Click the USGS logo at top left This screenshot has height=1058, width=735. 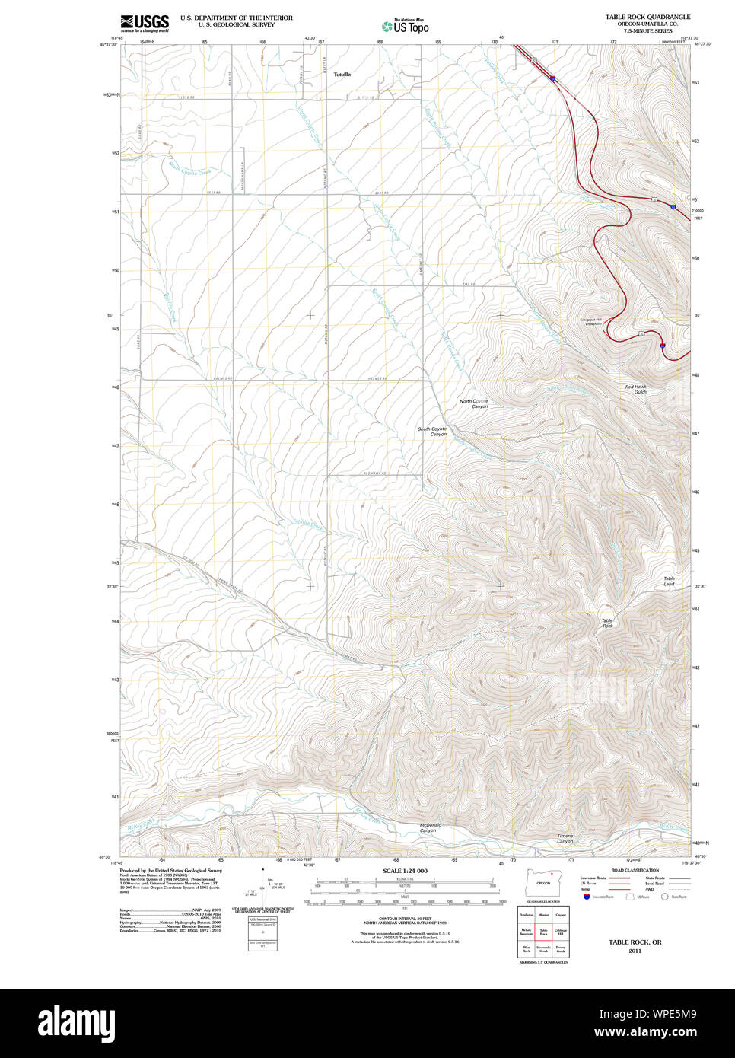coord(144,22)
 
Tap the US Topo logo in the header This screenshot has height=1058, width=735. coord(406,26)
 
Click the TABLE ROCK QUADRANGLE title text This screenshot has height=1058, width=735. coord(647,17)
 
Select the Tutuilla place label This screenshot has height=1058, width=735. coord(342,75)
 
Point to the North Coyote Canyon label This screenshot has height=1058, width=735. coord(474,403)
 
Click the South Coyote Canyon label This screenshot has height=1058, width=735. coord(432,432)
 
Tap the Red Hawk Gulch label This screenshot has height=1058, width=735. coord(636,389)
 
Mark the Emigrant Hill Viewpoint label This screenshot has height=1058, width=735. coord(590,321)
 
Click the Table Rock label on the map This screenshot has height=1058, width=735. coord(607,623)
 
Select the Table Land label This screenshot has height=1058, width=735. coord(669,582)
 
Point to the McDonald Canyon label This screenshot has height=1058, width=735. coord(430,827)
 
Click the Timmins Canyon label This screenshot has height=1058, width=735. coord(565,839)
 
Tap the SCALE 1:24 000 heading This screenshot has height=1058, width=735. coord(405,871)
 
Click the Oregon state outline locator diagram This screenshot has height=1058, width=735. coord(543,883)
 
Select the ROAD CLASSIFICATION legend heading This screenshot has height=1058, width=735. coord(635,870)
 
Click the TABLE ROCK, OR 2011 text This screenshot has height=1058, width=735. coord(635,945)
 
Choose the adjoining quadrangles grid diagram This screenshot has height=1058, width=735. coord(543,932)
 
